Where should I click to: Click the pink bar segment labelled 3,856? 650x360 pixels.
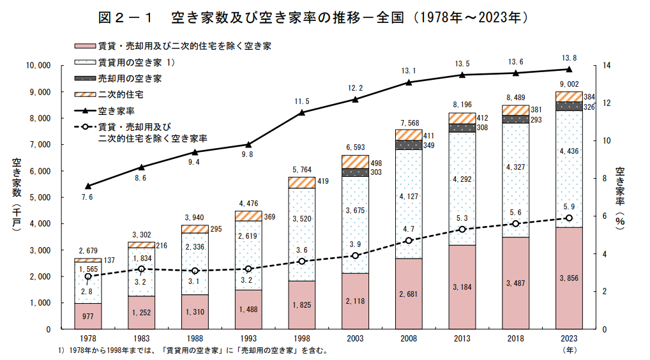[569, 278]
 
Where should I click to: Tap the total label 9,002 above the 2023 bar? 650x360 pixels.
[569, 84]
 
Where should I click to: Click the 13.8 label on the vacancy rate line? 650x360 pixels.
[569, 58]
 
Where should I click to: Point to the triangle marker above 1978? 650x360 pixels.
[87, 186]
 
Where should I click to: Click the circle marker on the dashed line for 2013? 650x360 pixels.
[462, 229]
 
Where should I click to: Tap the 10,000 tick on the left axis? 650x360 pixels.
[38, 66]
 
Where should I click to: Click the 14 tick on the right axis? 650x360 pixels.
[606, 66]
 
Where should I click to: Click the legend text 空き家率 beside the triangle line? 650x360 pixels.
[115, 110]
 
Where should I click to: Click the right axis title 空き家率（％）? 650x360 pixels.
[619, 195]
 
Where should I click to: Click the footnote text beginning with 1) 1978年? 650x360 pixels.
[192, 351]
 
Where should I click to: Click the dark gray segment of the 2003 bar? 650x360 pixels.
[355, 172]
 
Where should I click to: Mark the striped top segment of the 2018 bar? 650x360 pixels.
[515, 110]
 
